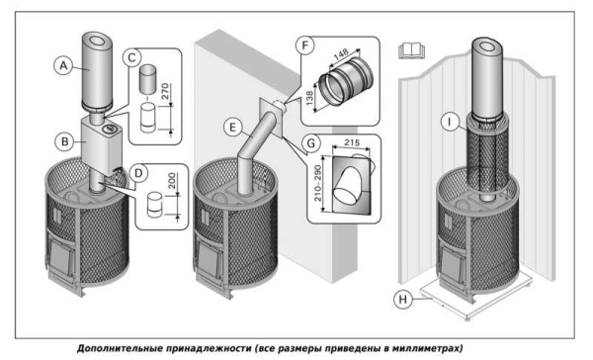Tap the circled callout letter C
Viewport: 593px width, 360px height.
130,58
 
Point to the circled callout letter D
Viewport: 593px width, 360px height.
139,174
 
